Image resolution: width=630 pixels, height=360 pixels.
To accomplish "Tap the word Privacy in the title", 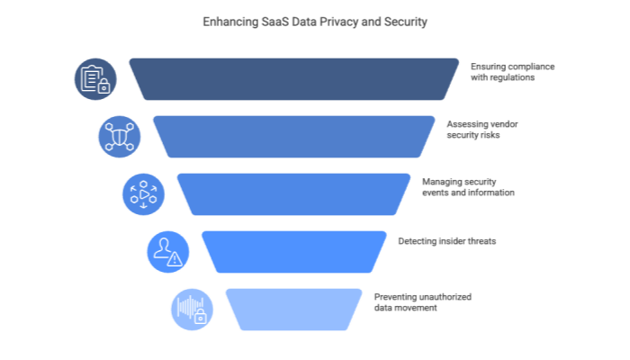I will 331,22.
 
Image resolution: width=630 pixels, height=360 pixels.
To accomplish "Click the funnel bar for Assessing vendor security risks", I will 293,137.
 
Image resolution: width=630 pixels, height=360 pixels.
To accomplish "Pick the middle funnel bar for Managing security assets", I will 293,194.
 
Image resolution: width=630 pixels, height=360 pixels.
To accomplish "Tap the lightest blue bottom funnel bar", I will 293,309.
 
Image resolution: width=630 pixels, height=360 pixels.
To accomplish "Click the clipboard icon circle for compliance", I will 94,79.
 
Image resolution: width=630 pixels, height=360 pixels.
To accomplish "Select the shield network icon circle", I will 119,137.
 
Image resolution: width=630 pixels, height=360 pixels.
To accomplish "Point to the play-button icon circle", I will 143,194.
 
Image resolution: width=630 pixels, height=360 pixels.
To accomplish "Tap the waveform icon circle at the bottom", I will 192,309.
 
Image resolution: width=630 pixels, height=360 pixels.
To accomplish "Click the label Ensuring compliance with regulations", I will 512,72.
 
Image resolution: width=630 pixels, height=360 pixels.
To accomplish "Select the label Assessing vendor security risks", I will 482,129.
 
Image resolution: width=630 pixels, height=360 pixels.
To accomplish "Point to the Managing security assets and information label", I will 468,186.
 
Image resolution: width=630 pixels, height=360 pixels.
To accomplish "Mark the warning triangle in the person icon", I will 175,258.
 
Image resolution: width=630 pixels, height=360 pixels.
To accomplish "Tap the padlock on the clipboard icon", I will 103,86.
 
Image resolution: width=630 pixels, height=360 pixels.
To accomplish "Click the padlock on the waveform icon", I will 200,315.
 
